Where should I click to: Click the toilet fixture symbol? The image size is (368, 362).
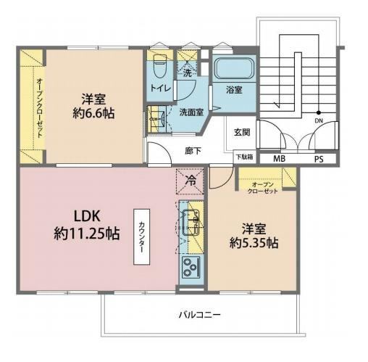[160, 66]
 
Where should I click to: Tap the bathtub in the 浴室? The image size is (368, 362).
[234, 68]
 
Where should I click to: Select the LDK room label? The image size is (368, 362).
[87, 216]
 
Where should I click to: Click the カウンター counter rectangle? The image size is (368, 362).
[142, 236]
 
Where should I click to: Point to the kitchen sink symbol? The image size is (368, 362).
[191, 223]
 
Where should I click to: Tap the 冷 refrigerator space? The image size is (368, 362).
[191, 181]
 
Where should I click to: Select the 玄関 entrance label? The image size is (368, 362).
[242, 132]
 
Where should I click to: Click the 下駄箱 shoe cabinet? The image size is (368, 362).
[244, 157]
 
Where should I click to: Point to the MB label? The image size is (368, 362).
[279, 159]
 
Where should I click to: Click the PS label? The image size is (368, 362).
[319, 159]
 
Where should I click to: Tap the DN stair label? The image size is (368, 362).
[319, 120]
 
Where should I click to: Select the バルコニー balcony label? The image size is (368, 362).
[199, 315]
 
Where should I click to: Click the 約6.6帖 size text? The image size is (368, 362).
[93, 113]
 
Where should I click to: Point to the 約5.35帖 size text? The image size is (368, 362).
[254, 243]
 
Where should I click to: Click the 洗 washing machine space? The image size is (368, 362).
[188, 73]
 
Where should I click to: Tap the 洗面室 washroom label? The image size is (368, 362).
[191, 112]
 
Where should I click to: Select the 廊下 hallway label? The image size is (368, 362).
[193, 151]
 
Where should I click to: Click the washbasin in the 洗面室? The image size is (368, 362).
[157, 118]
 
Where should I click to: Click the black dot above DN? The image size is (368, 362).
[319, 112]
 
